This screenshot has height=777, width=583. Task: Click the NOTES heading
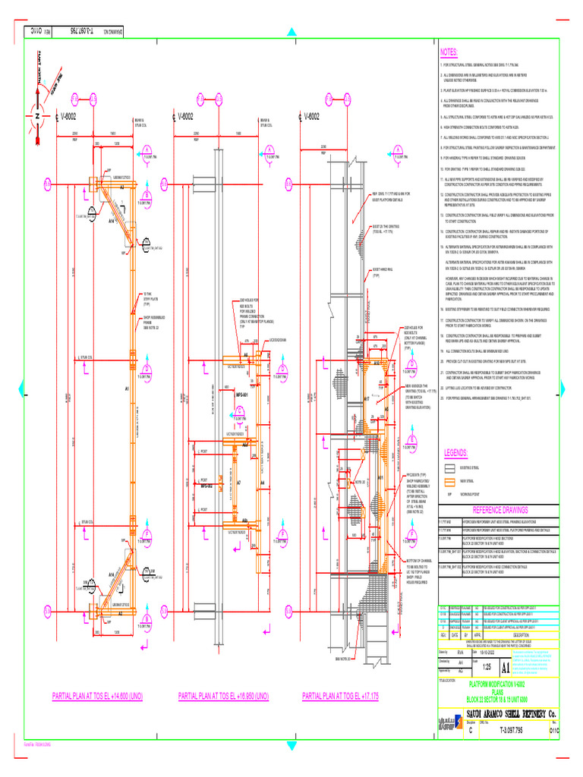[x=449, y=53]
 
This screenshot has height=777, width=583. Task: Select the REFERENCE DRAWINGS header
[x=493, y=511]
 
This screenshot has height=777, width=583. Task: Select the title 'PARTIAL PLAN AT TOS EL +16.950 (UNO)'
[x=223, y=696]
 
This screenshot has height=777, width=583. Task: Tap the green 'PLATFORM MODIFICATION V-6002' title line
[x=497, y=684]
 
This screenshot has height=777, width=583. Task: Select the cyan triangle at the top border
[x=291, y=32]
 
